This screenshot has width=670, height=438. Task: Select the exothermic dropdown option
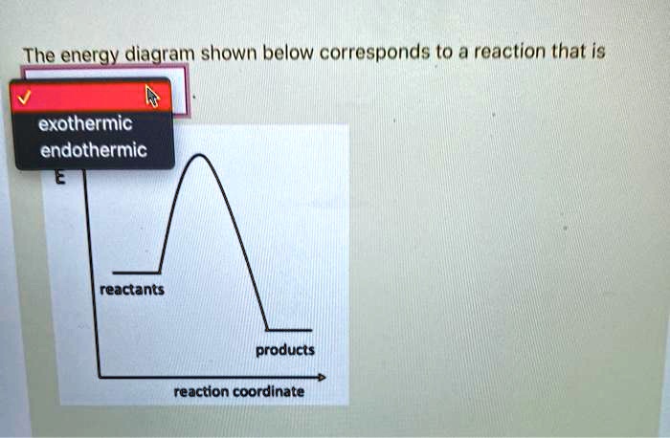[x=85, y=125]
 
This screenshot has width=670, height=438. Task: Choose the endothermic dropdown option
[x=92, y=151]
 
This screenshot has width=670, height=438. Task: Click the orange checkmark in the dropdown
[x=26, y=95]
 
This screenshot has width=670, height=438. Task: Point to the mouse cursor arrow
[x=151, y=96]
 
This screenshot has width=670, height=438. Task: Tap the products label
[x=284, y=350]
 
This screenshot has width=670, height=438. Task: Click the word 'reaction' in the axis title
[x=200, y=391]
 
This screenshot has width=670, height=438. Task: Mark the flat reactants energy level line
[x=135, y=271]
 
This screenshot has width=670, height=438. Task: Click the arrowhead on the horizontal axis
[x=322, y=378]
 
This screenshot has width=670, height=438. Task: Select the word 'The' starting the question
[x=39, y=55]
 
